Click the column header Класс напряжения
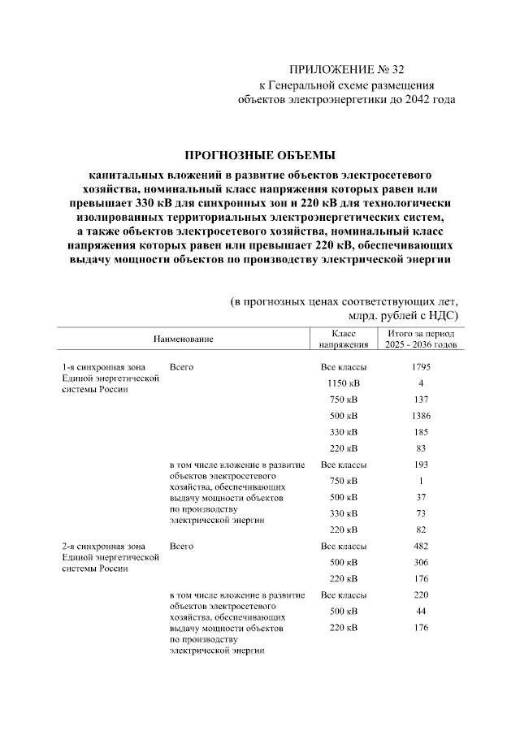[343, 339]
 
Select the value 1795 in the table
[421, 367]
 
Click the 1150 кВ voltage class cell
[343, 383]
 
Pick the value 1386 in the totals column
[421, 416]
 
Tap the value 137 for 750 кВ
[421, 400]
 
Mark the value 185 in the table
[421, 432]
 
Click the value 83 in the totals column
[421, 448]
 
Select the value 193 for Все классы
[421, 465]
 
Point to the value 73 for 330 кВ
[421, 513]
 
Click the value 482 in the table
[421, 546]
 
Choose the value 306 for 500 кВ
[421, 562]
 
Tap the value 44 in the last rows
[421, 611]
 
